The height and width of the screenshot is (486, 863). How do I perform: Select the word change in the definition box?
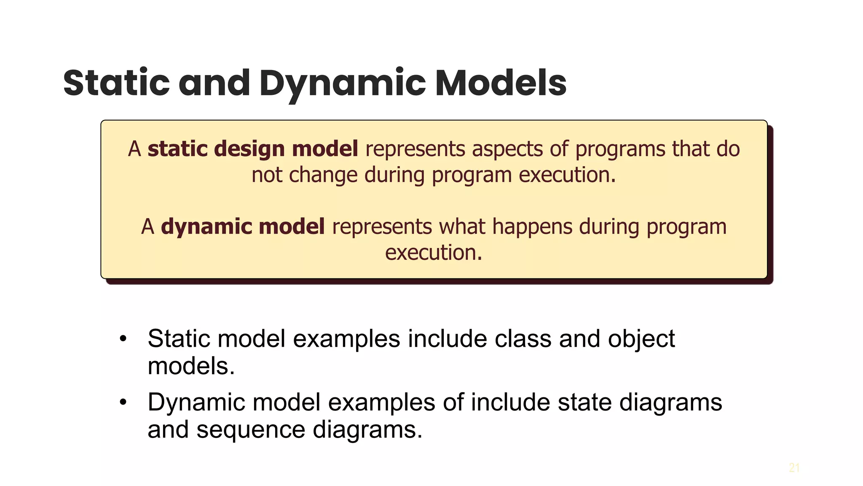pos(323,175)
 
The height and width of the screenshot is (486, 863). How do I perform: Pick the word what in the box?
pos(462,227)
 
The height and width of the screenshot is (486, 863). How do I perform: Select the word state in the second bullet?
pos(584,402)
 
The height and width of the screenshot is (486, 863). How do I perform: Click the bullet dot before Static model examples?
pos(123,339)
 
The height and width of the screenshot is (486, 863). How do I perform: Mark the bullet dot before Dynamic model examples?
pos(123,402)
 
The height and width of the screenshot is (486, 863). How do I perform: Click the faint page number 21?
pos(794,468)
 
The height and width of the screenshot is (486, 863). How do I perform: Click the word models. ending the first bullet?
pos(191,366)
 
